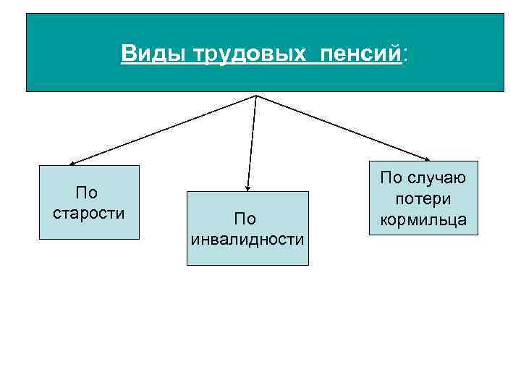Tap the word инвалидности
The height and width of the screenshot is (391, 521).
point(247,239)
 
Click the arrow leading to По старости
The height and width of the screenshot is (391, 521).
point(163,130)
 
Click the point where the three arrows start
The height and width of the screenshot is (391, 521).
point(257,95)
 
